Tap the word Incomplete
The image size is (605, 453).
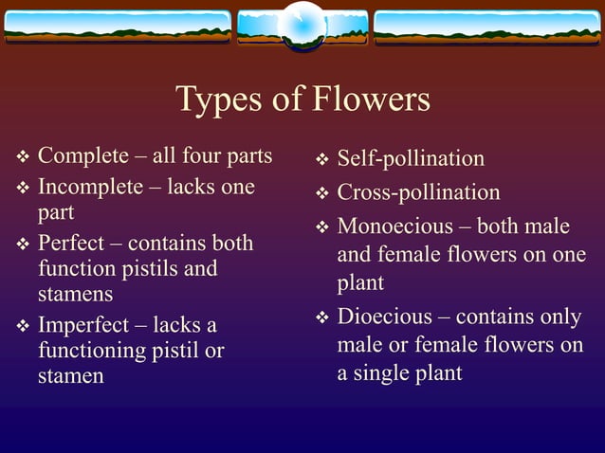[x=88, y=187]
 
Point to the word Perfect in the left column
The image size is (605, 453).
[x=70, y=243]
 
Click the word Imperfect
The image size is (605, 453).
[x=83, y=325]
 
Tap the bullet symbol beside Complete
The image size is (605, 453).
[x=23, y=157]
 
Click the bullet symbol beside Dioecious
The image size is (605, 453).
[x=321, y=317]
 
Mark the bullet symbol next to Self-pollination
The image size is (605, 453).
[x=321, y=159]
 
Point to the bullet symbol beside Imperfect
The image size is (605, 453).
[x=23, y=327]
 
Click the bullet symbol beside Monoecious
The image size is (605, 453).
[x=321, y=227]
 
